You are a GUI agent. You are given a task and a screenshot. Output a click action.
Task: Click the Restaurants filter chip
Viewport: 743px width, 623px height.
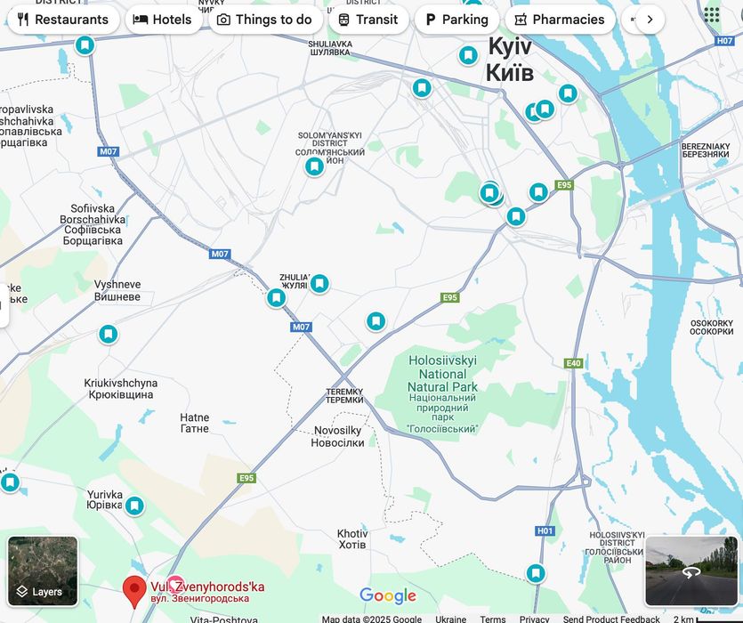click(62, 20)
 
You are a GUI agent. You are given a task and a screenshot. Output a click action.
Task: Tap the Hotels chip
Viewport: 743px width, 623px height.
click(163, 20)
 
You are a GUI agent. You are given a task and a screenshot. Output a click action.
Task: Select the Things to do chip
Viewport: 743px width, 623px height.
click(264, 20)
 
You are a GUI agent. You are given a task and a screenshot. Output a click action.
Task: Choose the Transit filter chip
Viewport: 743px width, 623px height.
click(368, 20)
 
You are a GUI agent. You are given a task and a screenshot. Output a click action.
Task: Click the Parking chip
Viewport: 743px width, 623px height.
click(456, 20)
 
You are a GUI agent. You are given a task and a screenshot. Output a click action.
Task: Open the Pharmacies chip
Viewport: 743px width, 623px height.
click(560, 20)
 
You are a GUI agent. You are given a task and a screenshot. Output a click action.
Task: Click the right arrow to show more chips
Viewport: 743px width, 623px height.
click(650, 20)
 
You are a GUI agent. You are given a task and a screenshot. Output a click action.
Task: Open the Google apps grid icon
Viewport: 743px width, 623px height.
click(712, 14)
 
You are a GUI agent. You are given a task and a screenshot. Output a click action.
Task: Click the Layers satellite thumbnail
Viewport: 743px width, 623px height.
click(43, 570)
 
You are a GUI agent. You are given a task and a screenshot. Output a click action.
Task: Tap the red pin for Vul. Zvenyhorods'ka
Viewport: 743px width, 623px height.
click(134, 590)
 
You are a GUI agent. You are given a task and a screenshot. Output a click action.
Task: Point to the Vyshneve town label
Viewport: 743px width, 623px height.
click(117, 290)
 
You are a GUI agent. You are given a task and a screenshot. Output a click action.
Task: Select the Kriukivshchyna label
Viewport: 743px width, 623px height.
click(121, 389)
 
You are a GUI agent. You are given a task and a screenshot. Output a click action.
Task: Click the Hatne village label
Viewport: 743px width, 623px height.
click(195, 423)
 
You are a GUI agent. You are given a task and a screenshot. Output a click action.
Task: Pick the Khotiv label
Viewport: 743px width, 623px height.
click(352, 539)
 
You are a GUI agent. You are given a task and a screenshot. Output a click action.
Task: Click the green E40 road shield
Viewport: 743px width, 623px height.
click(573, 363)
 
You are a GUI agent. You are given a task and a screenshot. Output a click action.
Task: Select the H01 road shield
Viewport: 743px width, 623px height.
click(545, 530)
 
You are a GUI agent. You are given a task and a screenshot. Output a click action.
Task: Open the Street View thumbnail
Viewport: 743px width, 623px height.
click(691, 570)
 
